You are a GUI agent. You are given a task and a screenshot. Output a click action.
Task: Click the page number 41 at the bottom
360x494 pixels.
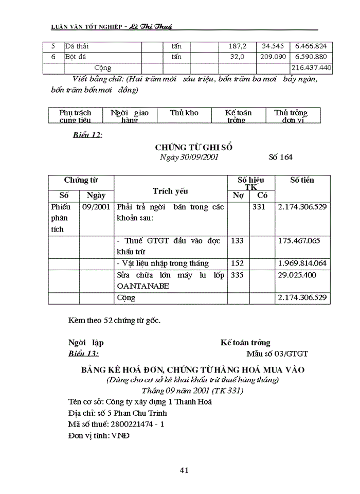pos(185,469)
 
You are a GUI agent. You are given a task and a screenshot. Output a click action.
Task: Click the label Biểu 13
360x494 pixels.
pos(83,354)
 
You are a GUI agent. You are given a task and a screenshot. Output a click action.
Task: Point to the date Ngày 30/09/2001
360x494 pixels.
pos(189,157)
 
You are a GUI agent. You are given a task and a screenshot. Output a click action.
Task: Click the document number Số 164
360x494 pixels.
pos(280,157)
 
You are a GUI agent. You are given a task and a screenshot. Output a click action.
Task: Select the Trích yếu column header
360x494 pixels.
pos(170,191)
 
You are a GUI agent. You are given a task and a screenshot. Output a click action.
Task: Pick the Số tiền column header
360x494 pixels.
pos(302,180)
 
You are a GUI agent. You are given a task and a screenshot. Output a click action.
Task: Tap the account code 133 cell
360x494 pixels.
pos(238,240)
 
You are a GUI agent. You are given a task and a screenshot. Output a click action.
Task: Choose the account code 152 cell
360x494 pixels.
pos(238,263)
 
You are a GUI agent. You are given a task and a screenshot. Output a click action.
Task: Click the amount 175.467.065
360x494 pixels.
pos(299,240)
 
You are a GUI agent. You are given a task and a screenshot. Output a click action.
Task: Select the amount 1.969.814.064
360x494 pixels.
pos(302,263)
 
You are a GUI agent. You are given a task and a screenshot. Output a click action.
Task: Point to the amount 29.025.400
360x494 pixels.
pos(297,275)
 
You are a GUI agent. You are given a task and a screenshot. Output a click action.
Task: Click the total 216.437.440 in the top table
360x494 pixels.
pos(312,68)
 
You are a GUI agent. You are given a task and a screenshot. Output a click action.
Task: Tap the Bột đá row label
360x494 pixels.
pos(77,57)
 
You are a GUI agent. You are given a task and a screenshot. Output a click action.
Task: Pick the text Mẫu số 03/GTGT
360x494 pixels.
pos(277,354)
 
